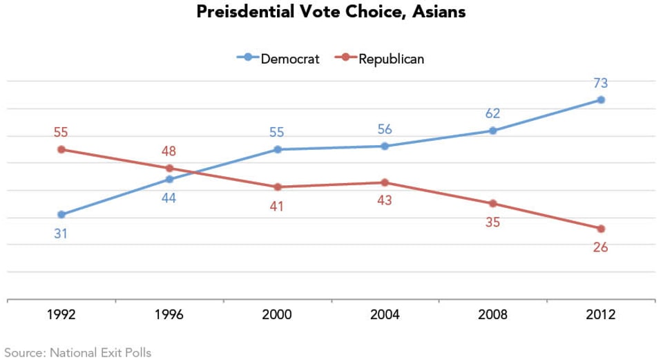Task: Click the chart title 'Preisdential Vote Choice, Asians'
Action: [x=331, y=12]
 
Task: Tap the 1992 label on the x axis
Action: [x=61, y=315]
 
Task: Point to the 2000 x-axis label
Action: [x=277, y=315]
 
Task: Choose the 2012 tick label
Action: [x=600, y=315]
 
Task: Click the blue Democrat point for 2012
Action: [x=601, y=100]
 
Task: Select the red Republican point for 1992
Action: [x=61, y=149]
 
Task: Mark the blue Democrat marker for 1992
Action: [x=61, y=214]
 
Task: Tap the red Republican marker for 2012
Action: [x=601, y=229]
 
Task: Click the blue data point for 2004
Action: [x=385, y=146]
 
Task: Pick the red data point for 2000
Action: [x=278, y=187]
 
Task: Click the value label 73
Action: [x=600, y=84]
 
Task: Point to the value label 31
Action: [x=61, y=234]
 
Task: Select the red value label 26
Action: [x=600, y=247]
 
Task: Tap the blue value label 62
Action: [x=492, y=114]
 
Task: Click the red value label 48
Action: [x=169, y=151]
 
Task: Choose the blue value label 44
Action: [x=169, y=198]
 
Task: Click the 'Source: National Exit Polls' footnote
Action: [x=77, y=352]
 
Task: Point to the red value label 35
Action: [x=492, y=222]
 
